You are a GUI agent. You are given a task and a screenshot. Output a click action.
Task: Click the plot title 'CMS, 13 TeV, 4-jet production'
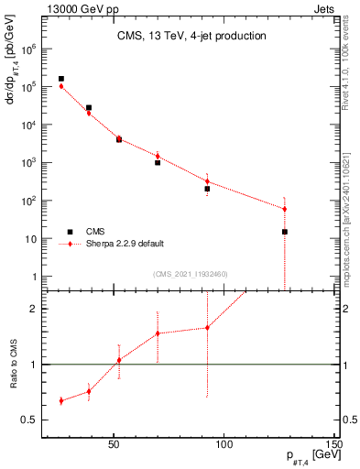pos(191,37)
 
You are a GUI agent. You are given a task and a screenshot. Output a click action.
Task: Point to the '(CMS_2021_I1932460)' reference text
pos(191,274)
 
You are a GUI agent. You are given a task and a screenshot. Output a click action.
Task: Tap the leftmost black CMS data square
pos(61,79)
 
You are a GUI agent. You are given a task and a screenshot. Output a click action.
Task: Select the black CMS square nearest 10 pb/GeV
pos(285,232)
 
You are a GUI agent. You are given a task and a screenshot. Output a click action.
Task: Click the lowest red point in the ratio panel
pos(61,400)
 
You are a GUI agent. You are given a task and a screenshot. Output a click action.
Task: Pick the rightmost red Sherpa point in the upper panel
pos(285,209)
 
